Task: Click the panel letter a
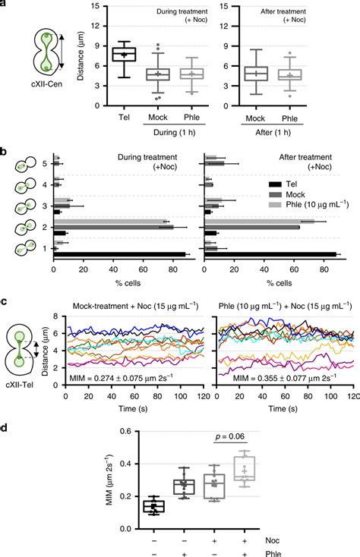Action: (5, 6)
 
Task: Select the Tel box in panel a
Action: (124, 54)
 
